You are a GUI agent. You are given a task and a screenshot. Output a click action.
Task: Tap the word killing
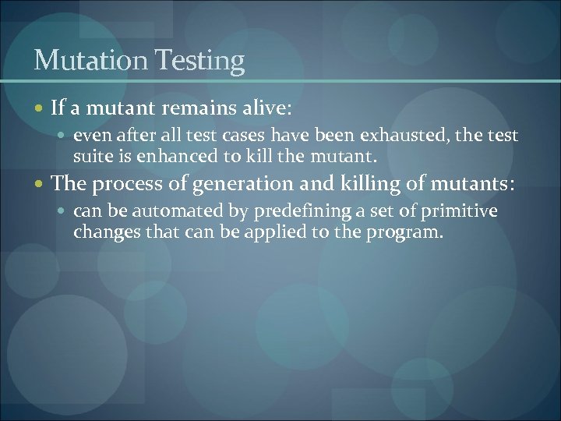pos(351,185)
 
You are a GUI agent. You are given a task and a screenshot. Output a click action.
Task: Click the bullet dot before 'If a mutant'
pos(41,108)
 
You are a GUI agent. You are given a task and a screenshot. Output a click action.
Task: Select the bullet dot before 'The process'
pos(41,185)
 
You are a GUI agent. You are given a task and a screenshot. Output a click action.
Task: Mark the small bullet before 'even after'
pos(64,136)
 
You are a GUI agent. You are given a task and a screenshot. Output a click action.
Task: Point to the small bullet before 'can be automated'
pos(64,212)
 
